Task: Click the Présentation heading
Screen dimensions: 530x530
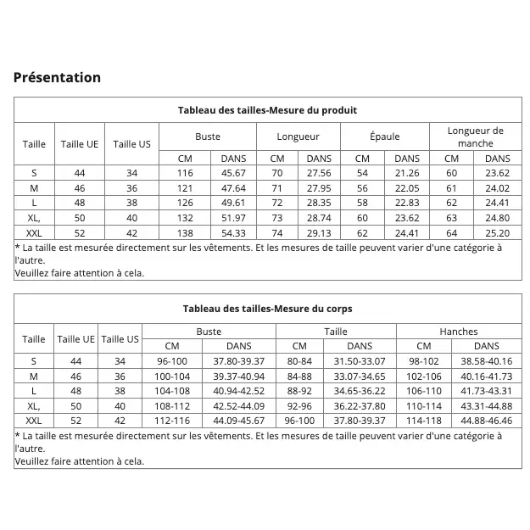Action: (x=57, y=77)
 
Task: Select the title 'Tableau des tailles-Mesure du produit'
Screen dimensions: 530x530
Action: (x=267, y=110)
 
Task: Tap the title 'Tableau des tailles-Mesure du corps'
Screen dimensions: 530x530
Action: (x=267, y=309)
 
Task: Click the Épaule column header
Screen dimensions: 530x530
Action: (x=384, y=137)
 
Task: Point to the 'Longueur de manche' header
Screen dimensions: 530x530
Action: (x=475, y=137)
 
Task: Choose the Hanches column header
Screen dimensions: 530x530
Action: (x=459, y=332)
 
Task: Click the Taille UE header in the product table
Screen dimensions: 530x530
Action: (x=80, y=144)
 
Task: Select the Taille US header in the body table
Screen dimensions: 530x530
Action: (x=120, y=339)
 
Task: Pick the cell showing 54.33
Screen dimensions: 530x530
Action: (x=233, y=233)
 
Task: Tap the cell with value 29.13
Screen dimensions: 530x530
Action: (x=319, y=233)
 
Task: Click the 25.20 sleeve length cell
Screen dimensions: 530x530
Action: (x=497, y=233)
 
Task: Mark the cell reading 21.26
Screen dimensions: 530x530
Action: (x=407, y=173)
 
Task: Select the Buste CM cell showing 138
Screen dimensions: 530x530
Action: (x=185, y=233)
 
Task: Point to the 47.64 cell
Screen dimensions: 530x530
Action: (x=233, y=188)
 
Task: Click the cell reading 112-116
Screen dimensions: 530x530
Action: (x=172, y=421)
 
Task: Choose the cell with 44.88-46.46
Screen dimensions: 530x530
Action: (x=486, y=421)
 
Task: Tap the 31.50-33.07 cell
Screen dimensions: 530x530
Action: (x=360, y=361)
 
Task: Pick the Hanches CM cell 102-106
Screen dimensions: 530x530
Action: (x=424, y=376)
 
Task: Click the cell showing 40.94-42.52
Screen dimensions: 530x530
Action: (x=238, y=391)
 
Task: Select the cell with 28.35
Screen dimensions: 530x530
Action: (x=319, y=203)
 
